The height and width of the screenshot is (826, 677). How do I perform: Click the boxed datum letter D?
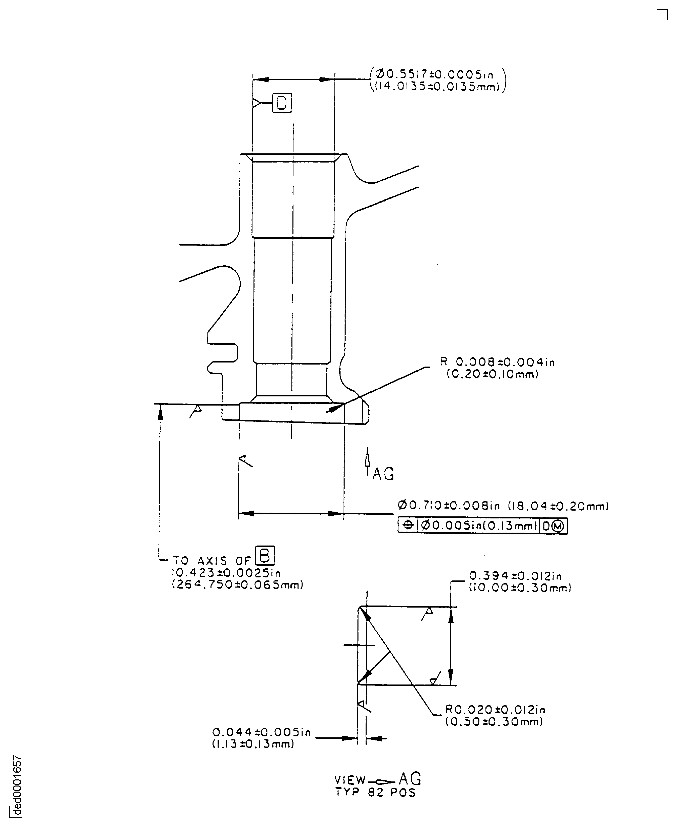pos(282,103)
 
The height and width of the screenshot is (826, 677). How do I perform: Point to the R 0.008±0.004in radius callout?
pos(497,362)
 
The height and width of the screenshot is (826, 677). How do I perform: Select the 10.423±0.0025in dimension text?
pos(226,573)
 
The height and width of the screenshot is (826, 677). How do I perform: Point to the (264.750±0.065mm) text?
pos(237,585)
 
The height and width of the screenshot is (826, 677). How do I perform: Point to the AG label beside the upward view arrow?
pos(383,474)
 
